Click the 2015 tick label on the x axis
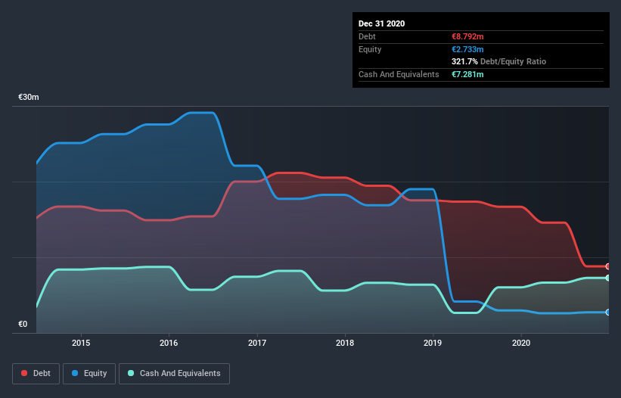pyautogui.click(x=81, y=342)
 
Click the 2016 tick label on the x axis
pyautogui.click(x=169, y=342)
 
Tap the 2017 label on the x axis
pyautogui.click(x=257, y=342)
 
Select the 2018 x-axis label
pyautogui.click(x=345, y=342)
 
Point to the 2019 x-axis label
pyautogui.click(x=433, y=342)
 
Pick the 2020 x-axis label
pyautogui.click(x=521, y=342)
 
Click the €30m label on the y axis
pyautogui.click(x=29, y=98)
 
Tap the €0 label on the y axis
pyautogui.click(x=23, y=325)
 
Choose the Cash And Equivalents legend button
pyautogui.click(x=174, y=373)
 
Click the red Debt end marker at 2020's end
pyautogui.click(x=608, y=266)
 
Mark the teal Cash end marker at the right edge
pyautogui.click(x=608, y=278)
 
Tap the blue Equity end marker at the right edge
pyautogui.click(x=608, y=312)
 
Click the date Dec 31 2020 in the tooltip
pyautogui.click(x=381, y=23)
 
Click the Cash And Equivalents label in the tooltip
pyautogui.click(x=399, y=74)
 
